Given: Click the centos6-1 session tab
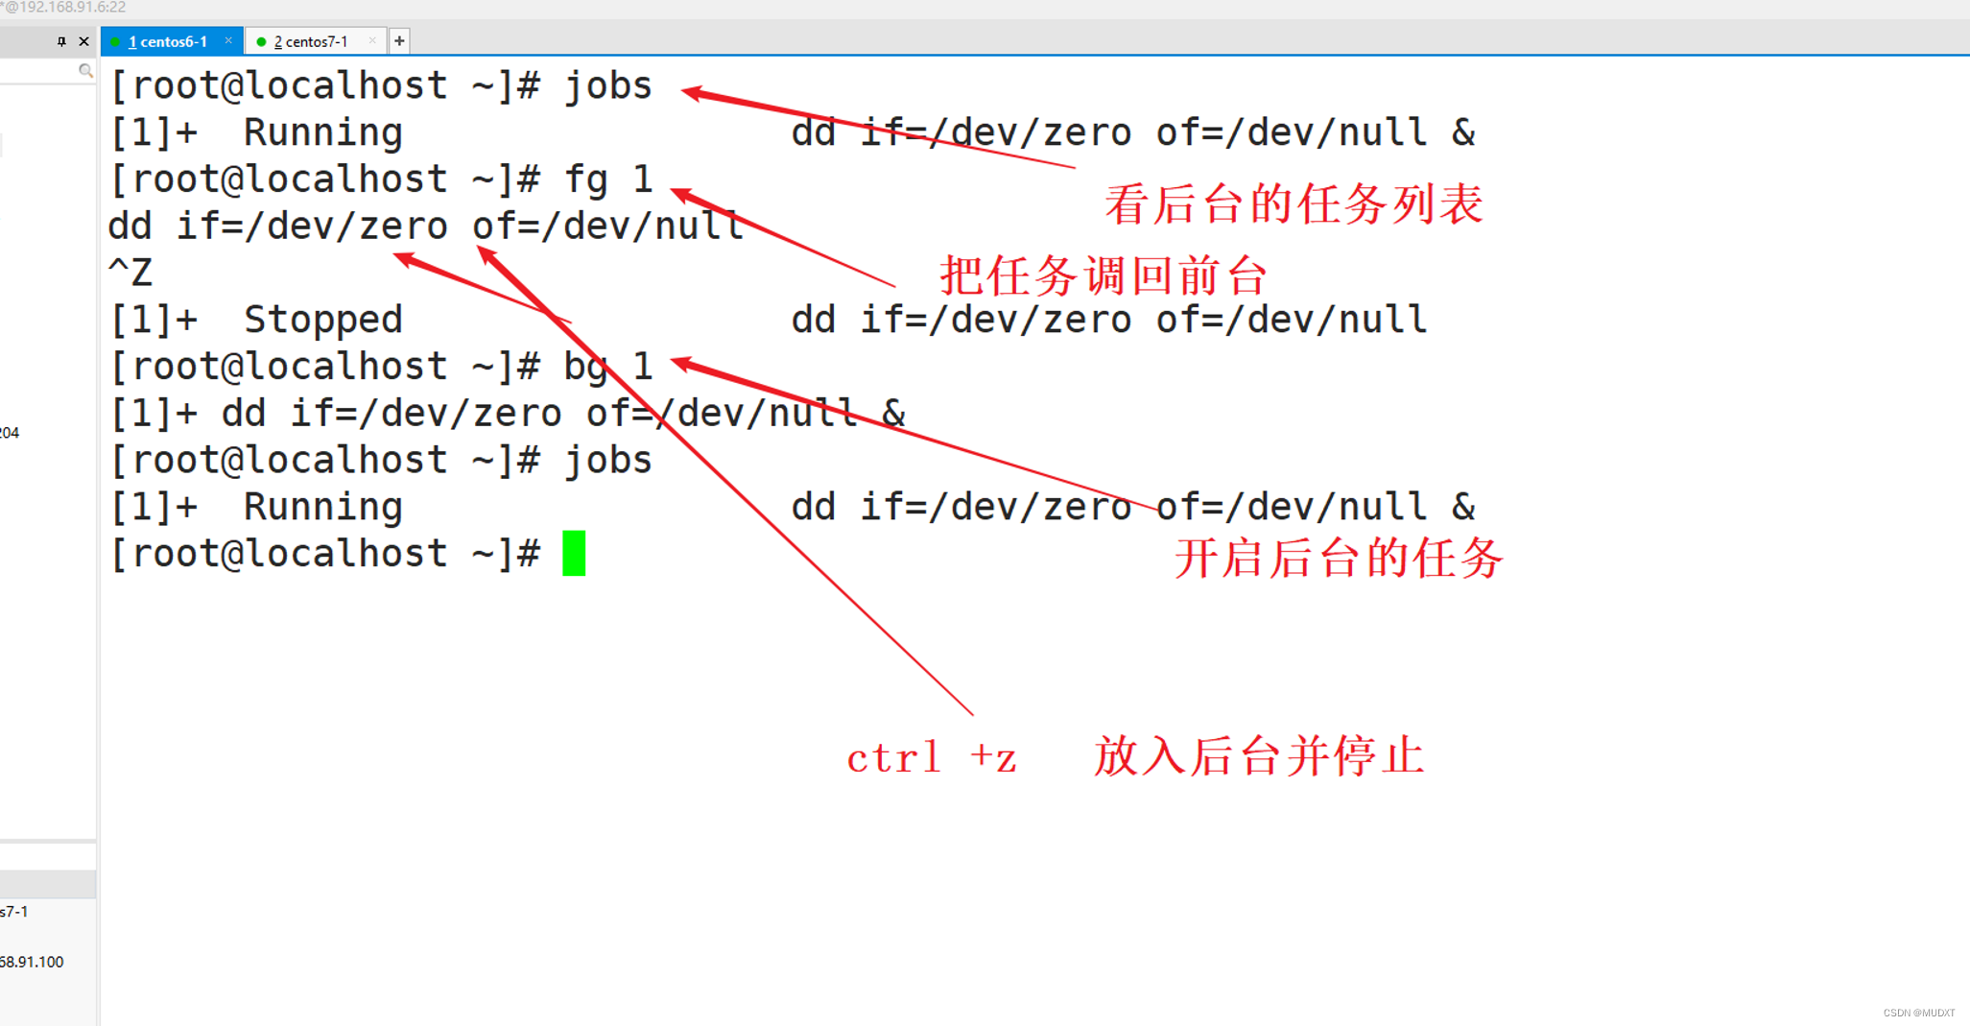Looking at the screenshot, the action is click(169, 41).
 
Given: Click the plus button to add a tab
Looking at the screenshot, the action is click(399, 41).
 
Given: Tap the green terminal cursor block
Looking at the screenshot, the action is click(574, 553).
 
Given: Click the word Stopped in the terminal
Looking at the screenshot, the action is click(322, 320).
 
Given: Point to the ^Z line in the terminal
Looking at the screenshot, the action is click(131, 273).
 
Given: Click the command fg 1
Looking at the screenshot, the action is click(608, 179).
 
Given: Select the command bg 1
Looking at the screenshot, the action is click(608, 367).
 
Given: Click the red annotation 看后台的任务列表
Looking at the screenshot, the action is click(1294, 205).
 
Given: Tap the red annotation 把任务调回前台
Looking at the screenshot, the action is click(1104, 276).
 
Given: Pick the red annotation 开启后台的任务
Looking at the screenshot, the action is click(1339, 558).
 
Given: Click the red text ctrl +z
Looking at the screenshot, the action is click(931, 758).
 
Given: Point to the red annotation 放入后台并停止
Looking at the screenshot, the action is click(1259, 756).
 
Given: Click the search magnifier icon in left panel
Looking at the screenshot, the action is click(85, 70).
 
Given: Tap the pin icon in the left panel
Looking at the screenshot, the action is click(61, 41).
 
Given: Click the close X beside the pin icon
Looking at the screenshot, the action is click(84, 41).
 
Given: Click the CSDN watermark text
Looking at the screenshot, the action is click(1918, 1013).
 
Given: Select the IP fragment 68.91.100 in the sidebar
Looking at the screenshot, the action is click(32, 962).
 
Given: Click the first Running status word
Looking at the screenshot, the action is click(322, 132).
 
